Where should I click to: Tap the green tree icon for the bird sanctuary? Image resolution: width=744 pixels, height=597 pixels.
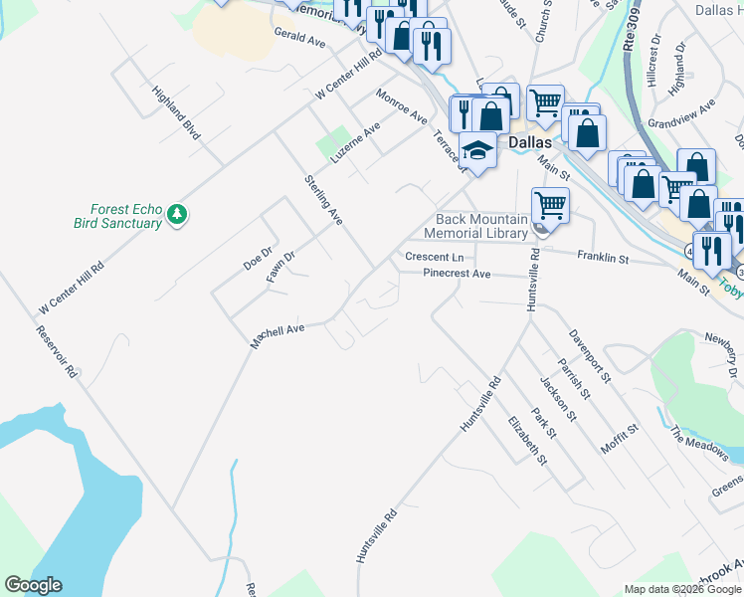tap(177, 213)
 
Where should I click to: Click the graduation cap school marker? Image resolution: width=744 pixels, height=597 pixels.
tap(478, 152)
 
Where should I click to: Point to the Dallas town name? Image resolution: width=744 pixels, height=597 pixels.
tap(530, 142)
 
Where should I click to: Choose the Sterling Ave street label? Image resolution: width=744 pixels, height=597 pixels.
tap(323, 200)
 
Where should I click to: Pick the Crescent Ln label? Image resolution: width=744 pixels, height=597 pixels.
tap(434, 257)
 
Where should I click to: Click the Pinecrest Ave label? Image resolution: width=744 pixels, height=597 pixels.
tap(457, 273)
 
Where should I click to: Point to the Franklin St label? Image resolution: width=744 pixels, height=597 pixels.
tap(603, 258)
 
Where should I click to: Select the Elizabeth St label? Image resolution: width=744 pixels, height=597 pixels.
tap(527, 440)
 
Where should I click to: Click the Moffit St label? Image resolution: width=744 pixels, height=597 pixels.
tap(619, 438)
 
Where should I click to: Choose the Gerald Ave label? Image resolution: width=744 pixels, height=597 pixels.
tap(300, 38)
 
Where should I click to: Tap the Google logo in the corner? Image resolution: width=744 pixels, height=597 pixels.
tap(33, 585)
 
